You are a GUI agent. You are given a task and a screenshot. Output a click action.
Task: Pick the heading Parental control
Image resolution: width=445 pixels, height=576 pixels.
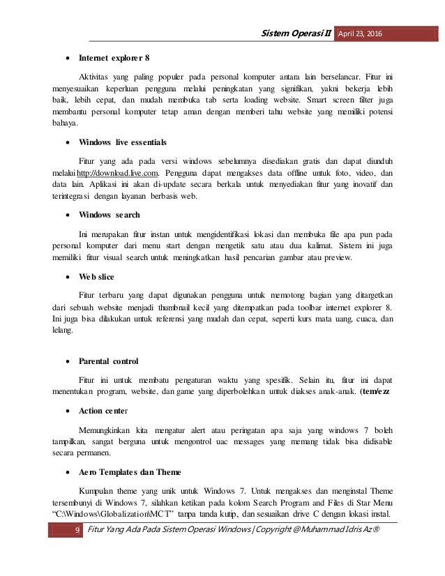(110, 361)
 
